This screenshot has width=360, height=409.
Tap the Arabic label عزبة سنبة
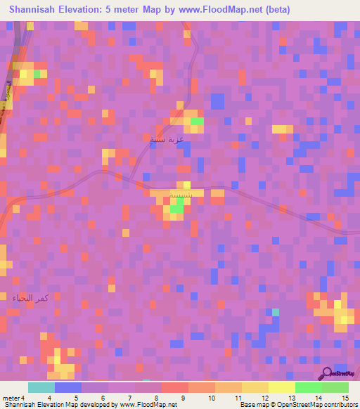pyautogui.click(x=167, y=139)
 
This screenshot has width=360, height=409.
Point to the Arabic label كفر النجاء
pyautogui.click(x=30, y=299)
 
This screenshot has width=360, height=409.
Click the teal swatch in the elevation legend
pyautogui.click(x=41, y=387)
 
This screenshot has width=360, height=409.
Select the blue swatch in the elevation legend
pyautogui.click(x=68, y=387)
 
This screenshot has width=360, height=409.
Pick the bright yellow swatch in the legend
pyautogui.click(x=282, y=387)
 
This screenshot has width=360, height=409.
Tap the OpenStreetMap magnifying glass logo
pyautogui.click(x=326, y=373)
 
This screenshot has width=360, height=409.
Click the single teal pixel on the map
pyautogui.click(x=276, y=311)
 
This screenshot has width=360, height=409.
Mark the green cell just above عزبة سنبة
pyautogui.click(x=197, y=122)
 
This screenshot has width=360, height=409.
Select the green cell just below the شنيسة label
pyautogui.click(x=179, y=204)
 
